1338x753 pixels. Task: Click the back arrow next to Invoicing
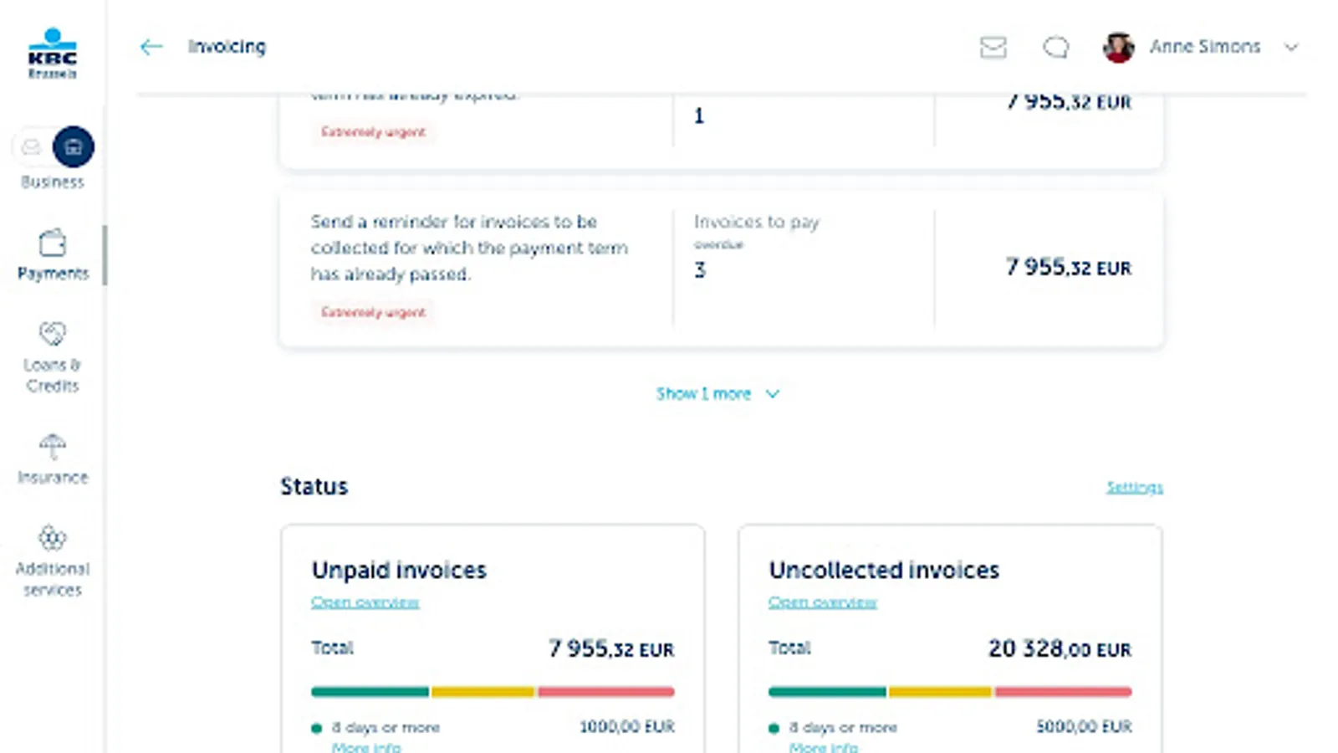coord(151,47)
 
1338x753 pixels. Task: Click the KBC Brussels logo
coord(52,54)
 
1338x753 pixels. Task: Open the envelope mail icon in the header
coord(993,47)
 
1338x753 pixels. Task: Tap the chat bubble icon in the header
coord(1055,47)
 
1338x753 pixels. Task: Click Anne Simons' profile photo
coord(1118,47)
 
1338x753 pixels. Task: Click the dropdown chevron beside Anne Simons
coord(1291,47)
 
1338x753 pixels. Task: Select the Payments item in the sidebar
coord(53,255)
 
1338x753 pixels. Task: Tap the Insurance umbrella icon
coord(52,447)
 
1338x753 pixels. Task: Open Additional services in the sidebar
coord(52,561)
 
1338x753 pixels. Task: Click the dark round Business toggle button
coord(74,147)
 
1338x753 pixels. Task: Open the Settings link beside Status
coord(1134,487)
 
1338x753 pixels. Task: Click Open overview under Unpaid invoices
coord(365,602)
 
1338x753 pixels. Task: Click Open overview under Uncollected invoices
coord(822,602)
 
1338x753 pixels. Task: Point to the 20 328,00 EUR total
coord(1059,648)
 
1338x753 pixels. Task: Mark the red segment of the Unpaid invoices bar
coord(605,692)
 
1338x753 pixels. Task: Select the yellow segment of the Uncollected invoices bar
coord(940,692)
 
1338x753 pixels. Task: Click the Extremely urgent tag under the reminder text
coord(373,312)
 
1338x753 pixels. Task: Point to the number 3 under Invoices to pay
coord(700,269)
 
